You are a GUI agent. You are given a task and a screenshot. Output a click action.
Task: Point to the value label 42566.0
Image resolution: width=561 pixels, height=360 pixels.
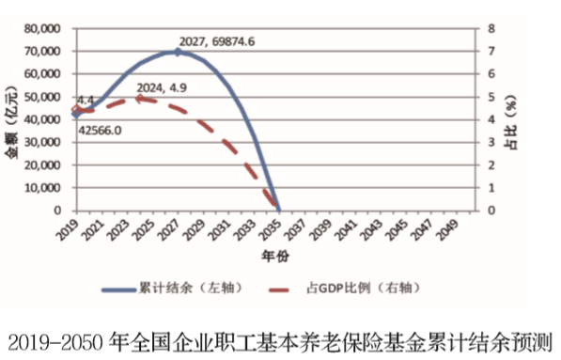[100, 131]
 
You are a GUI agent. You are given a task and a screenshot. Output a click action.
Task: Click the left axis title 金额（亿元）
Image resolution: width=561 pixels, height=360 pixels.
[14, 120]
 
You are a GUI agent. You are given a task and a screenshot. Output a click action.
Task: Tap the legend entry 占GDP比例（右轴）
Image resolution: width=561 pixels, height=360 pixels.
[356, 287]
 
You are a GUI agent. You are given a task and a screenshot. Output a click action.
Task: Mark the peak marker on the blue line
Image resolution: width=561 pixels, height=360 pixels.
[178, 52]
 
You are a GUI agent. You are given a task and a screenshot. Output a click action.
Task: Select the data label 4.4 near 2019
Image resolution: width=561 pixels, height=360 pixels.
[86, 99]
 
